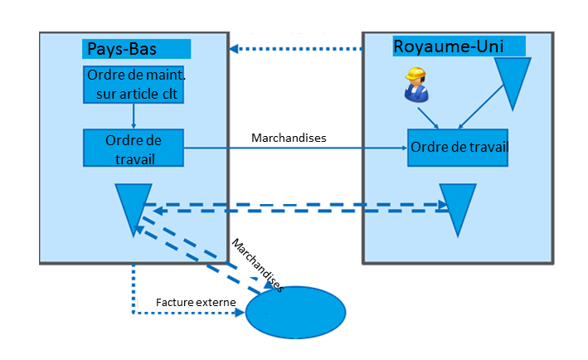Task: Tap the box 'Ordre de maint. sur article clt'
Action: pyautogui.click(x=134, y=84)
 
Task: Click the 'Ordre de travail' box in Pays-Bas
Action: pyautogui.click(x=134, y=148)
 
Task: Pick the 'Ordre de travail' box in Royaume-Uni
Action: pyautogui.click(x=459, y=148)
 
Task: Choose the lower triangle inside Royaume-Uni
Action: pyautogui.click(x=457, y=208)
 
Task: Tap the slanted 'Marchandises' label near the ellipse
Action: pyautogui.click(x=257, y=265)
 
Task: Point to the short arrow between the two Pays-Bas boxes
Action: pyautogui.click(x=134, y=116)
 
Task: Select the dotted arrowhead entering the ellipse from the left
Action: pyautogui.click(x=240, y=314)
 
